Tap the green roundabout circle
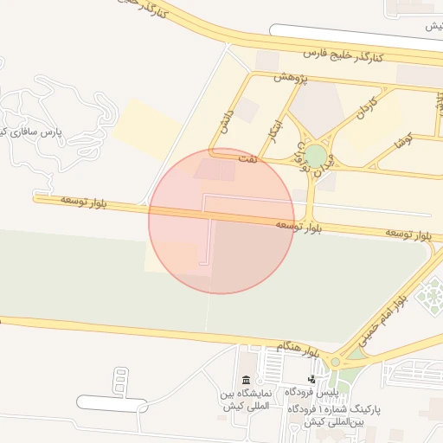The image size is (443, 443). [x=316, y=157]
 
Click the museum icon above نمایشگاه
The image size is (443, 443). [x=247, y=382]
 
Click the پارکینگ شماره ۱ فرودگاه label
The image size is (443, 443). [x=345, y=414]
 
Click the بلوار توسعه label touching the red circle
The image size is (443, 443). [x=298, y=226]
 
